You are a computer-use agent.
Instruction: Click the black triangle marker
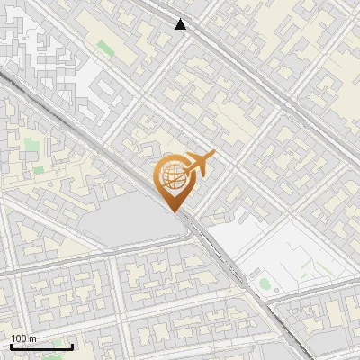point(181,24)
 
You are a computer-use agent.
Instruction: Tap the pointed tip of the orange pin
point(175,211)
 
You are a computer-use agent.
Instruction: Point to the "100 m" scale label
point(23,338)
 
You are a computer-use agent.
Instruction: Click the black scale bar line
point(41,346)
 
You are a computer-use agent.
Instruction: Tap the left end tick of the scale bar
point(11,345)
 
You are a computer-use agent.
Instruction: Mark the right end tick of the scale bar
point(73,345)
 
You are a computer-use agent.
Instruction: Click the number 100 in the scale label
point(19,338)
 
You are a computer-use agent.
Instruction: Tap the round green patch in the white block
point(265,284)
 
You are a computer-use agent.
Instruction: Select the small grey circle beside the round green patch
point(274,291)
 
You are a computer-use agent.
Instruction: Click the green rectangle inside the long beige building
point(105,46)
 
